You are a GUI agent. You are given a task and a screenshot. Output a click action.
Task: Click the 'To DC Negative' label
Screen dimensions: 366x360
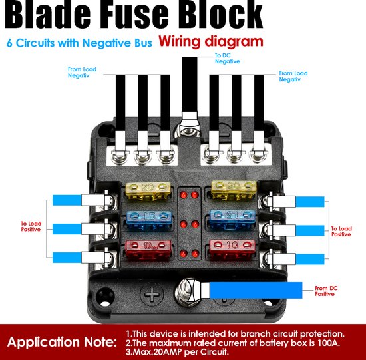(x=228, y=59)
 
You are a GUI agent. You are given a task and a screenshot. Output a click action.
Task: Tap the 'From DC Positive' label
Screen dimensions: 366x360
(x=326, y=291)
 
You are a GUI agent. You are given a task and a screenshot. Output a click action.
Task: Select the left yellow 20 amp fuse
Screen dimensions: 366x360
(x=148, y=191)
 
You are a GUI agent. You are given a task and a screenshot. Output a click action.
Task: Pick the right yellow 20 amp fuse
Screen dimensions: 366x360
(x=234, y=190)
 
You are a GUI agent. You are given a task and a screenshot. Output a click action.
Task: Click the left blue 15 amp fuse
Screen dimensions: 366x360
(x=149, y=220)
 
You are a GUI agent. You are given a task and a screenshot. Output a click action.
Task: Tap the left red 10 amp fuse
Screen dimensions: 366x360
(x=148, y=250)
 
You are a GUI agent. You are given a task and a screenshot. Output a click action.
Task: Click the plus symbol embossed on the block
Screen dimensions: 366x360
(x=152, y=293)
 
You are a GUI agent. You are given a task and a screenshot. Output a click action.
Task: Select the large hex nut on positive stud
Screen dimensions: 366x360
(x=187, y=292)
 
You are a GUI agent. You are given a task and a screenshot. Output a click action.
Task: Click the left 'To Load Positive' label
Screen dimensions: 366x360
(x=31, y=226)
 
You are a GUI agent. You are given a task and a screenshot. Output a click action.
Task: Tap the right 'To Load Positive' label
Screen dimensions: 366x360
(x=341, y=232)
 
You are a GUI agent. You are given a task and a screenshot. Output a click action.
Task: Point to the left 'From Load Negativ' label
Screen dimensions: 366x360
(x=82, y=72)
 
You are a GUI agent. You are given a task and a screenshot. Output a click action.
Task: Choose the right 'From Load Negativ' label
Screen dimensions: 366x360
(x=293, y=76)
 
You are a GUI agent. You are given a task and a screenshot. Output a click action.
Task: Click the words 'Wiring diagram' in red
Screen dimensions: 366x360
(x=211, y=42)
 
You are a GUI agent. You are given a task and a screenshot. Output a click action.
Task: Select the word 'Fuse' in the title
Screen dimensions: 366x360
(x=134, y=15)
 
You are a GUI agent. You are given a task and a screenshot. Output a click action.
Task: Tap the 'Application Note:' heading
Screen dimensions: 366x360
(x=62, y=342)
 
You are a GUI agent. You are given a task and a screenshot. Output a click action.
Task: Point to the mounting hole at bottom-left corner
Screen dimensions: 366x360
(x=105, y=295)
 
